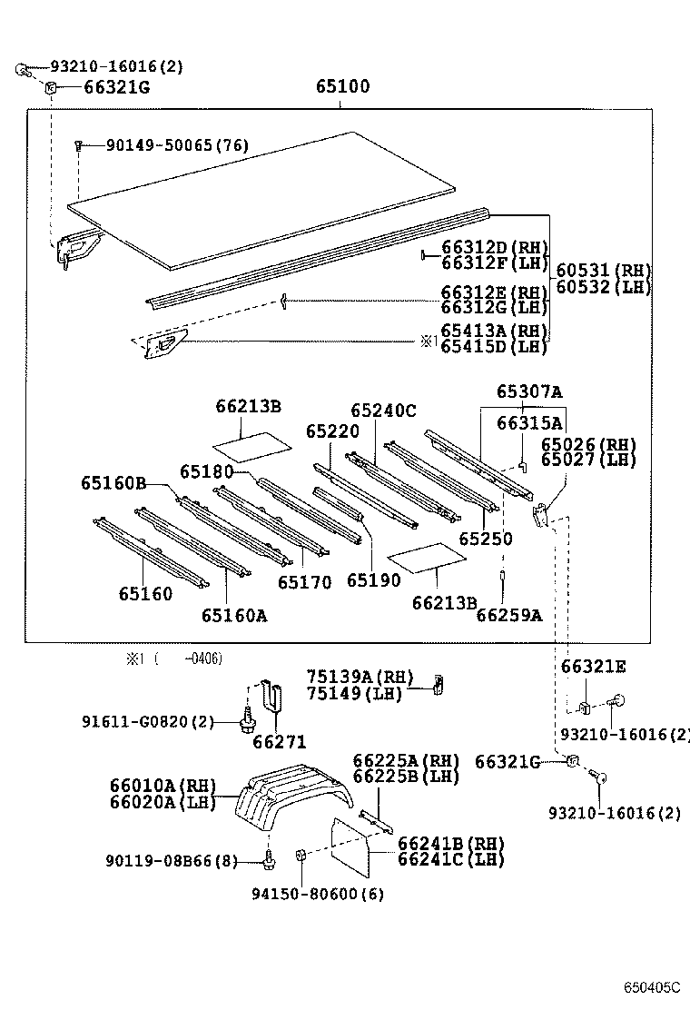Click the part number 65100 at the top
(x=342, y=87)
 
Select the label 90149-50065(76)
(x=163, y=145)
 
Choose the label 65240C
(x=383, y=411)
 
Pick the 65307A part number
(x=529, y=392)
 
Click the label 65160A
(x=234, y=615)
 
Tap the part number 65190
(x=373, y=580)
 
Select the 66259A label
(x=508, y=615)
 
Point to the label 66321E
(x=593, y=667)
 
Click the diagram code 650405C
(x=651, y=986)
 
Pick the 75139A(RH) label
(x=359, y=677)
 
